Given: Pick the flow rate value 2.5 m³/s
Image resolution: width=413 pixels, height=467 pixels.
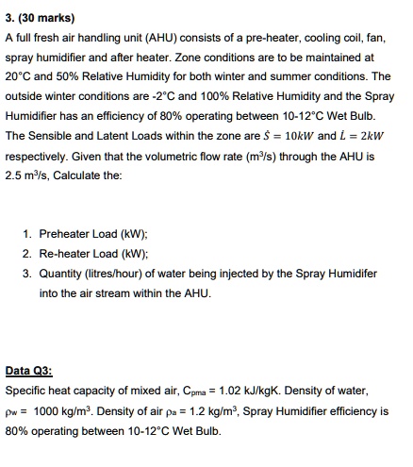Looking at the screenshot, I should pos(27,175).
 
